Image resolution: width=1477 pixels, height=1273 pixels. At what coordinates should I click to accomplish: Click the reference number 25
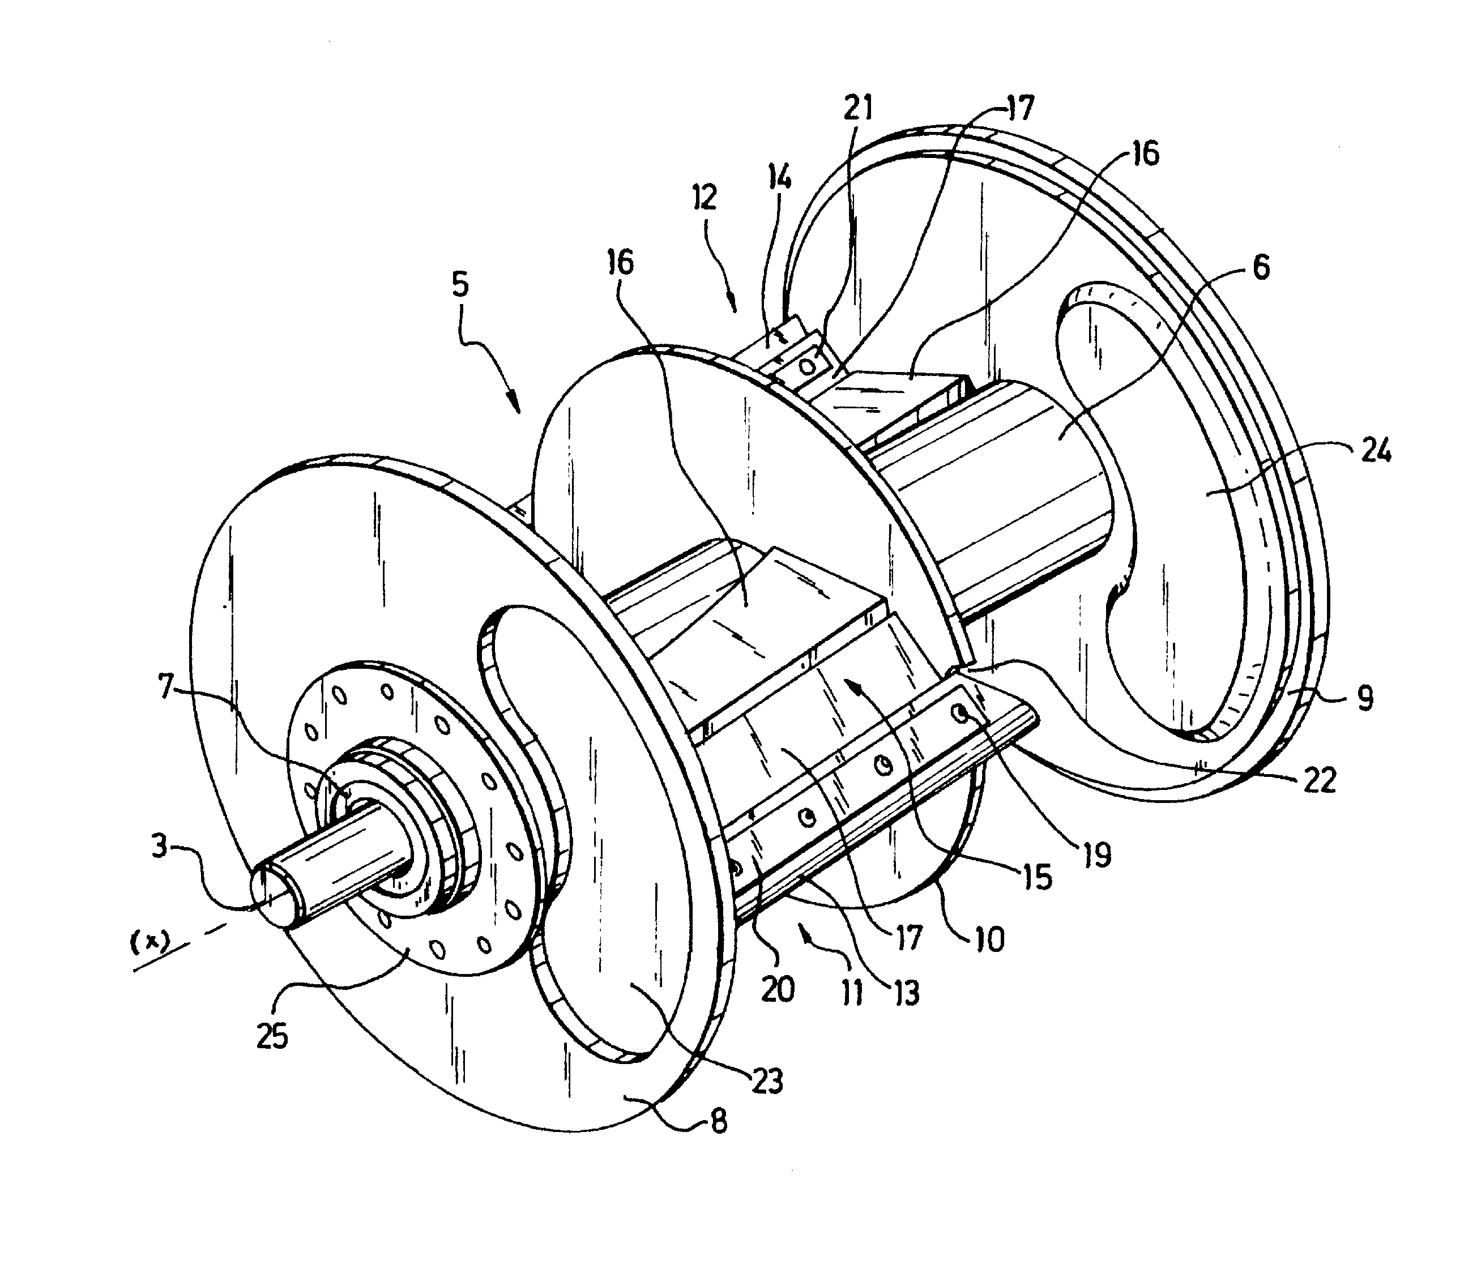(x=272, y=1036)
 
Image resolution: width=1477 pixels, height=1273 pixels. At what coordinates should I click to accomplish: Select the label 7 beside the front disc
(x=166, y=689)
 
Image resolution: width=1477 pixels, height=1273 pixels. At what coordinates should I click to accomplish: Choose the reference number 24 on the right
(x=1376, y=451)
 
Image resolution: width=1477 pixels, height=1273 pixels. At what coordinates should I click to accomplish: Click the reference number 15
(x=1038, y=877)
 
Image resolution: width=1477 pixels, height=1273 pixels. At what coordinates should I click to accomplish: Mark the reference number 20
(x=776, y=989)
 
